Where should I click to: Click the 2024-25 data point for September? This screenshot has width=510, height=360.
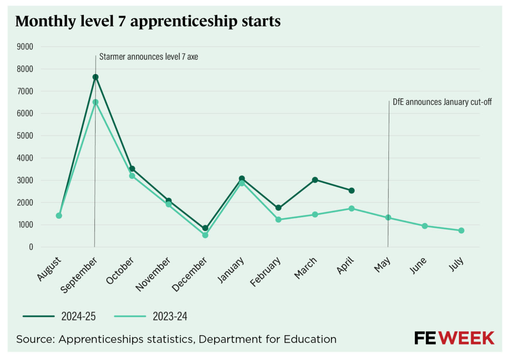[96, 77]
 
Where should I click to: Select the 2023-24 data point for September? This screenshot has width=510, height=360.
[96, 102]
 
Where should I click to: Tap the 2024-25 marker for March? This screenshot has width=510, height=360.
[315, 180]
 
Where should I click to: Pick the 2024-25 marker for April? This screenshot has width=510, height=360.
[351, 190]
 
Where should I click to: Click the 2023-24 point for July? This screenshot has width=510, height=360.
[461, 230]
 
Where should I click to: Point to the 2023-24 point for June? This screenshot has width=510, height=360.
[425, 226]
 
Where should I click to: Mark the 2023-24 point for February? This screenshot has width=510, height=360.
[278, 220]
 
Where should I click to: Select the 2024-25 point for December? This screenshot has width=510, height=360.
[205, 228]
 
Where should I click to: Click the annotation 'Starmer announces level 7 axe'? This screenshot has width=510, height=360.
[148, 57]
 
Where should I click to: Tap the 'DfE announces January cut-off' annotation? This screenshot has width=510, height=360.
[442, 102]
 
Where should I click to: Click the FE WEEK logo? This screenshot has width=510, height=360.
[454, 338]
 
